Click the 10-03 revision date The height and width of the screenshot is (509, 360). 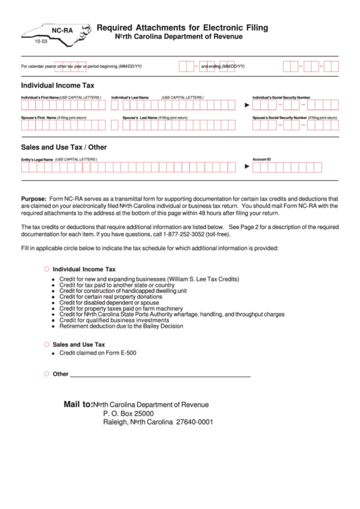[41, 42]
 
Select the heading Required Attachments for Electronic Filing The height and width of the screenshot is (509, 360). [182, 28]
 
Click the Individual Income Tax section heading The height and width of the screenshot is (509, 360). [58, 86]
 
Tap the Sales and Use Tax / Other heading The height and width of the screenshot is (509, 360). [64, 147]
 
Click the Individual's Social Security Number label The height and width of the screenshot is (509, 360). [281, 98]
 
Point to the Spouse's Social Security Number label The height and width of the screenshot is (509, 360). [279, 118]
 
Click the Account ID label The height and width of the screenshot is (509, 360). [262, 159]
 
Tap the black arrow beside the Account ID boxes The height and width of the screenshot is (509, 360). [247, 166]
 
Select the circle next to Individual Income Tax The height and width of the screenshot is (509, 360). [46, 269]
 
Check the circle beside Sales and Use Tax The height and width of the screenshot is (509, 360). [46, 345]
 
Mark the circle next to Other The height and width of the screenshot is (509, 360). [46, 374]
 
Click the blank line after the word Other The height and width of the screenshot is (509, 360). [160, 375]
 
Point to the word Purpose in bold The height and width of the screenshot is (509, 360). [33, 198]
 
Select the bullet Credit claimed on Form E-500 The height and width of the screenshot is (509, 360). [98, 353]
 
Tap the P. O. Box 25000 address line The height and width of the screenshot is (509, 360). [128, 413]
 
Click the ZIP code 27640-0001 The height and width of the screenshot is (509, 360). [194, 421]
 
